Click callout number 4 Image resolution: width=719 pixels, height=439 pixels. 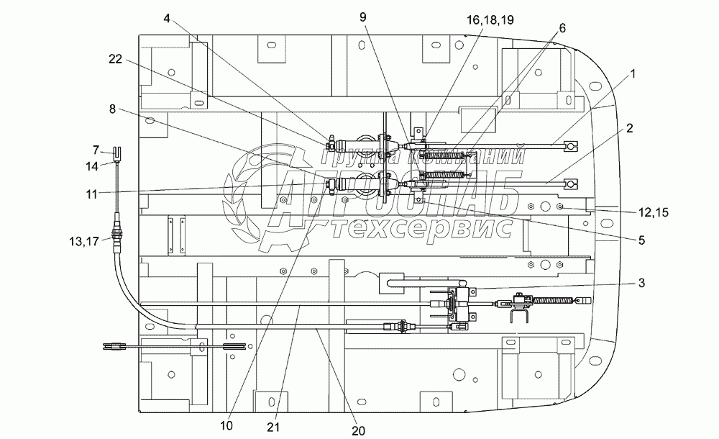tap(167, 18)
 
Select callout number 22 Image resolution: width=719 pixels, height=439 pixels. tap(116, 59)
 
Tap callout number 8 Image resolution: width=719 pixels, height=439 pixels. tap(113, 109)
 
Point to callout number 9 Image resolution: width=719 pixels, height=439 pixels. tap(362, 17)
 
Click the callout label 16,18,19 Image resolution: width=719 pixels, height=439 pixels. tap(490, 19)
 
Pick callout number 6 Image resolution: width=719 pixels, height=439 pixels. tap(562, 28)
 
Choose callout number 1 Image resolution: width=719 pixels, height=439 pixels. tap(633, 73)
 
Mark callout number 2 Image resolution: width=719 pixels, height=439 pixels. tap(629, 128)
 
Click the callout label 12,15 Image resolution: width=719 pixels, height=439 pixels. tap(654, 212)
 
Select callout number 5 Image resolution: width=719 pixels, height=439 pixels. tap(641, 240)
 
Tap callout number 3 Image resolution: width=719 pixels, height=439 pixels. tap(641, 282)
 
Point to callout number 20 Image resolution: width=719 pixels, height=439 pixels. tap(358, 431)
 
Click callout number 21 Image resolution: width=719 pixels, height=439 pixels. tap(273, 427)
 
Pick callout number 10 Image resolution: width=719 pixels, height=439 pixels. tap(226, 425)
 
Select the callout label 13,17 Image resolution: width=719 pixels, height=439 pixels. tap(84, 241)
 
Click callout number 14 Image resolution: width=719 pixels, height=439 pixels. tap(92, 166)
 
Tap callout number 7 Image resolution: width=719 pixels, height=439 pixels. tap(96, 150)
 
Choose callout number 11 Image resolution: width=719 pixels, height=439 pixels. tap(92, 194)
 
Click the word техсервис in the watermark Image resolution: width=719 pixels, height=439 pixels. tap(421, 227)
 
